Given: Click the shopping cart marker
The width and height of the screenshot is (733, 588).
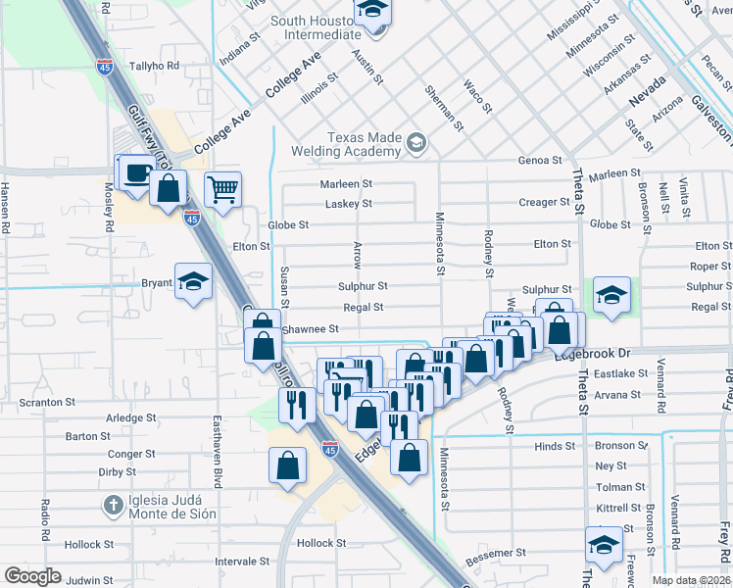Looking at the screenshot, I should [223, 189].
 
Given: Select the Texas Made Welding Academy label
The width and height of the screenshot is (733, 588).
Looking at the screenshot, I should [350, 145].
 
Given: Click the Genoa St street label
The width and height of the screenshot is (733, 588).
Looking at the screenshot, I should [540, 160].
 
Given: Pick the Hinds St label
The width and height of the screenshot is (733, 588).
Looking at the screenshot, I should [555, 446].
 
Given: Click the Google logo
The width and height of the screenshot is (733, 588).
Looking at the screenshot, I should [32, 575].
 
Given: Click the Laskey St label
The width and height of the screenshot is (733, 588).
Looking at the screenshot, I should [349, 204].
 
